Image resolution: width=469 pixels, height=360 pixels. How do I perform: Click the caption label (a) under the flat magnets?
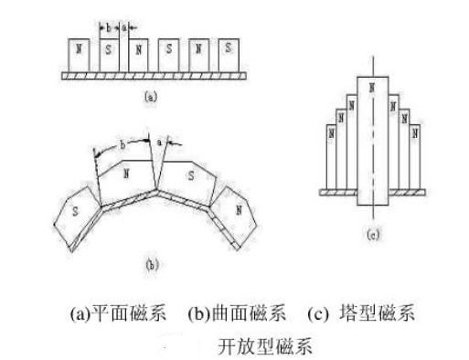(x=151, y=93)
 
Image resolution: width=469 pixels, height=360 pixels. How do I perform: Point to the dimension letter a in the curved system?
(x=161, y=143)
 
